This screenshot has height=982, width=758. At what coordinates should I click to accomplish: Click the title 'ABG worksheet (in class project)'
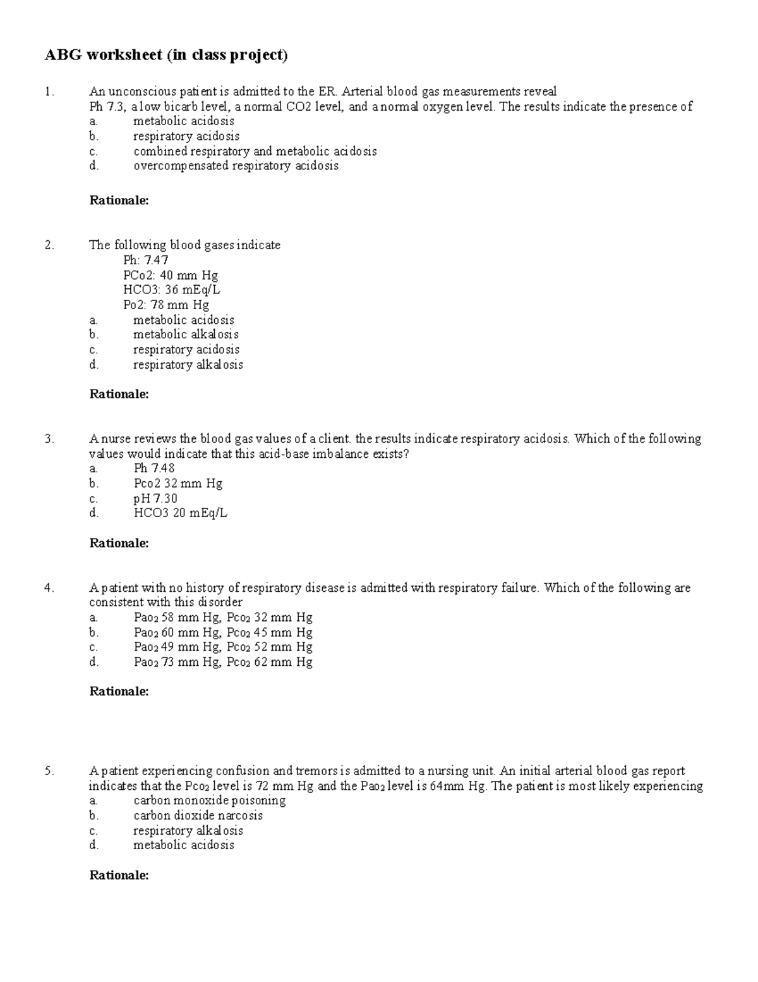coord(165,56)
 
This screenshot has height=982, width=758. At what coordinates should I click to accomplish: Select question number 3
coord(49,439)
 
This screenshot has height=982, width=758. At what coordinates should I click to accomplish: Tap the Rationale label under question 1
coord(119,200)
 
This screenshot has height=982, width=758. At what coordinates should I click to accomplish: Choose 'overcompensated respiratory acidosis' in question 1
coord(236,166)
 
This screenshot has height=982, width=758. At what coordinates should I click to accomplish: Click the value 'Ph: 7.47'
coord(146,260)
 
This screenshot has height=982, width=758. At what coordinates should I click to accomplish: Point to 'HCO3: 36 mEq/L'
coord(172,290)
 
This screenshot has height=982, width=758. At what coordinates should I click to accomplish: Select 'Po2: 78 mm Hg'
coord(166,305)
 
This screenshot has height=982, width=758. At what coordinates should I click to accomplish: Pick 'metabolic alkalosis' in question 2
coord(186,334)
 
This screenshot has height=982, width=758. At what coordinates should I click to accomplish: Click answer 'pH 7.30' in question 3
coord(155,498)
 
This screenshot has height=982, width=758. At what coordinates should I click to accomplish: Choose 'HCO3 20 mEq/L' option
coord(180,513)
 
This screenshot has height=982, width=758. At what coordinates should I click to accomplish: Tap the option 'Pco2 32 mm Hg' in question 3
coord(178,484)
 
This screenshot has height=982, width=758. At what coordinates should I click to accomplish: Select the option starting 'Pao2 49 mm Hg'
coord(223,647)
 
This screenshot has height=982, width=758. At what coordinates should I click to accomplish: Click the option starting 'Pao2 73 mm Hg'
coord(223,662)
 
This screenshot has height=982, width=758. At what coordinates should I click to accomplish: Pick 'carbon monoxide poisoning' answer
coord(209,801)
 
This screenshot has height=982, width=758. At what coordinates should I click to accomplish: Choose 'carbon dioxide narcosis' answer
coord(198,816)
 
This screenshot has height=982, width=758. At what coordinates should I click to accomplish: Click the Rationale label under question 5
coord(119,875)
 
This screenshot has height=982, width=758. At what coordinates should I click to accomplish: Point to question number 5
coord(49,771)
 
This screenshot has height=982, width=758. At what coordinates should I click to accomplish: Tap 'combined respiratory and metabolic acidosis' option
coord(255,151)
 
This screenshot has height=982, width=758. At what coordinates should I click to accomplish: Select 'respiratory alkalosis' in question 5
coord(188,831)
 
